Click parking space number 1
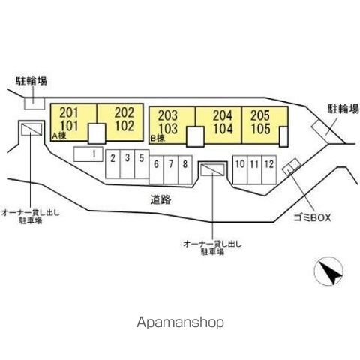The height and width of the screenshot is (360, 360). click(x=88, y=154)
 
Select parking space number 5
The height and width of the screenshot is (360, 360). click(x=142, y=164)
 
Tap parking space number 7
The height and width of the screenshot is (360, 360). click(x=171, y=170)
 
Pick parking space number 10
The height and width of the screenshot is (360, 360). click(x=240, y=170)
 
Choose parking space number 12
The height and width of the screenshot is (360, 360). click(x=269, y=170)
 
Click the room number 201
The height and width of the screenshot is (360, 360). click(x=69, y=113)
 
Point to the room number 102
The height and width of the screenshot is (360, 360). click(x=124, y=126)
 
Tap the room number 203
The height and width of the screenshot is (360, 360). click(x=168, y=115)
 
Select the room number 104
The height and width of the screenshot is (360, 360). click(x=223, y=128)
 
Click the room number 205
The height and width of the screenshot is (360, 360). click(x=260, y=115)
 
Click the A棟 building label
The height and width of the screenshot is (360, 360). click(x=59, y=136)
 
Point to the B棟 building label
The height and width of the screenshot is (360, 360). click(x=157, y=138)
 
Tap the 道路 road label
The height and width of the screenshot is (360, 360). click(x=160, y=199)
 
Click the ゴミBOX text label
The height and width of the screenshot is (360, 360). click(x=312, y=217)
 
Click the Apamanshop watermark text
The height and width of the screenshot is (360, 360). click(x=180, y=322)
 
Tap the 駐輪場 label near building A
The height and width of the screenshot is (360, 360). click(x=31, y=80)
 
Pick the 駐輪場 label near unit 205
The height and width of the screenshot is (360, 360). click(x=343, y=109)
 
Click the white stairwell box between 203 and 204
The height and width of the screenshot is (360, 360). click(x=195, y=136)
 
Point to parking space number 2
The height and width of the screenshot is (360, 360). click(x=112, y=164)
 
